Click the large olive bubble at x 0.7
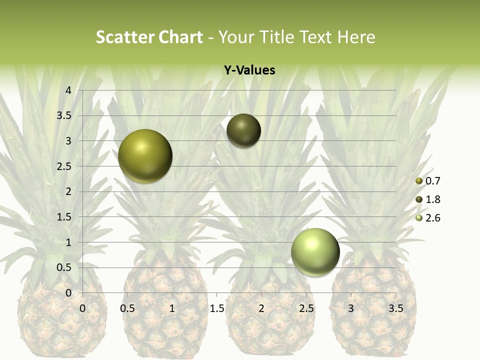tap(145, 156)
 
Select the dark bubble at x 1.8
tap(243, 130)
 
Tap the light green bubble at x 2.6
tap(315, 252)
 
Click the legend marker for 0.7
tap(419, 181)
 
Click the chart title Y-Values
tap(249, 70)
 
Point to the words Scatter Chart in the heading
tap(149, 37)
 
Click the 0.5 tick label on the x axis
tap(127, 308)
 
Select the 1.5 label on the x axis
tap(216, 308)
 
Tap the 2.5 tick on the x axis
tap(306, 308)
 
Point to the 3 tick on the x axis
tap(351, 308)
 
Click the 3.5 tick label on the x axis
tap(395, 308)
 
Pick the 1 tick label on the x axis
tap(172, 308)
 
